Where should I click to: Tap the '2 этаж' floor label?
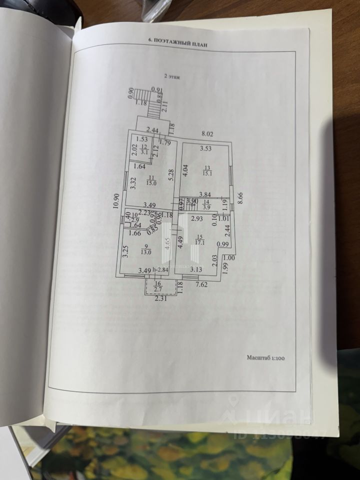[173, 77]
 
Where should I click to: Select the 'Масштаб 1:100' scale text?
[269, 357]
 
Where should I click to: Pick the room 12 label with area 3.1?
[144, 149]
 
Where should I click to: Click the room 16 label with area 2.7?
[157, 287]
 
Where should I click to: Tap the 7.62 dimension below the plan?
[201, 285]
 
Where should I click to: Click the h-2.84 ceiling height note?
[161, 270]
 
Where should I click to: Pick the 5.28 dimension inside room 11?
[170, 176]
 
